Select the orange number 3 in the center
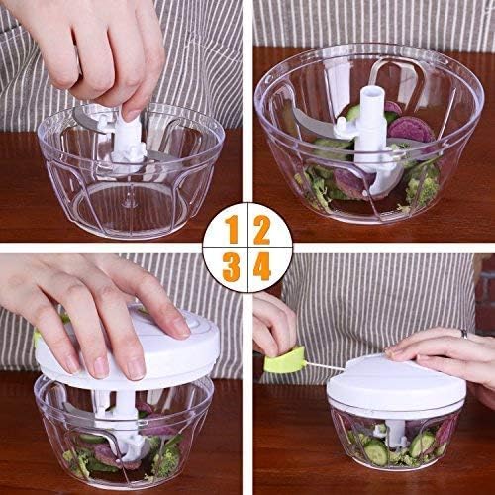pos(232,265)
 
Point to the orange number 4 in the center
pos(261,265)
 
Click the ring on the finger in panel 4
pos(462,334)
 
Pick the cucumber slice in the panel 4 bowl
pos(376,452)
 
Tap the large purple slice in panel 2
pos(410,129)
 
